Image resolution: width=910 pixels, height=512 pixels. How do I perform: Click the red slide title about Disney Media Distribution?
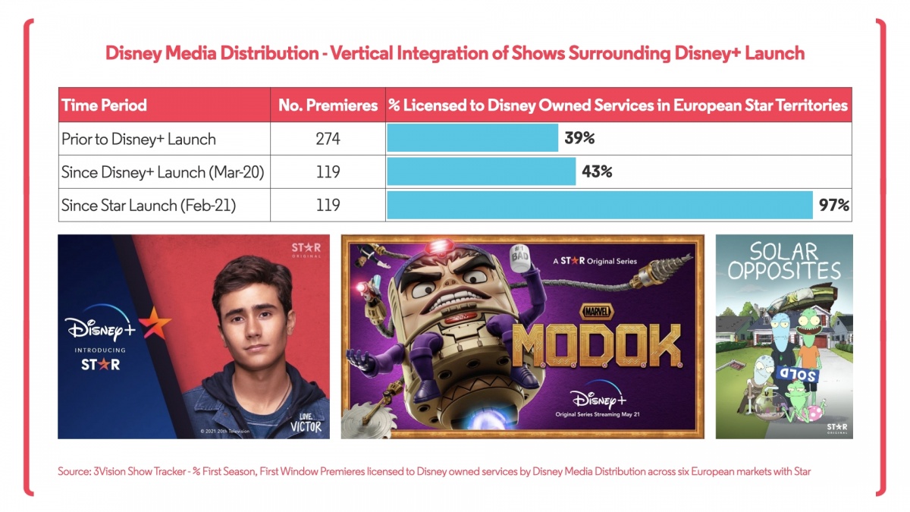(x=454, y=54)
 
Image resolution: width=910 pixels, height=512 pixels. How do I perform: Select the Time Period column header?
(x=104, y=105)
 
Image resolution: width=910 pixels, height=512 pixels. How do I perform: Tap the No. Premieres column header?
(x=328, y=105)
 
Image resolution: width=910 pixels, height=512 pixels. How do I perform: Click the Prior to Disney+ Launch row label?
(x=139, y=139)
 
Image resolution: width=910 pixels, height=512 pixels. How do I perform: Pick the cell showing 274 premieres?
(x=328, y=139)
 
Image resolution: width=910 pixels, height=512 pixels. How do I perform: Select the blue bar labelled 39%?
(x=472, y=139)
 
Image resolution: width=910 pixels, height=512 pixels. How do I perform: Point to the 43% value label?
(x=597, y=172)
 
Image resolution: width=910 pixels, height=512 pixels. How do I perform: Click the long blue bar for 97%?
(x=600, y=205)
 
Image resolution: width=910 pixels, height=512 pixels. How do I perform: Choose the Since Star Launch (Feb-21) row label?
(x=149, y=205)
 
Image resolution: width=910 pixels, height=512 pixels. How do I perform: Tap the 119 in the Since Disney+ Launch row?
(x=328, y=172)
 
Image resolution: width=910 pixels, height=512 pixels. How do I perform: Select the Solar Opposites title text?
(x=784, y=262)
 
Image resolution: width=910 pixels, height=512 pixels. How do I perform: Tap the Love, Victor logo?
(x=306, y=423)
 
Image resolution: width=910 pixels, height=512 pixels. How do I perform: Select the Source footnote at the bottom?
(x=434, y=472)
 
